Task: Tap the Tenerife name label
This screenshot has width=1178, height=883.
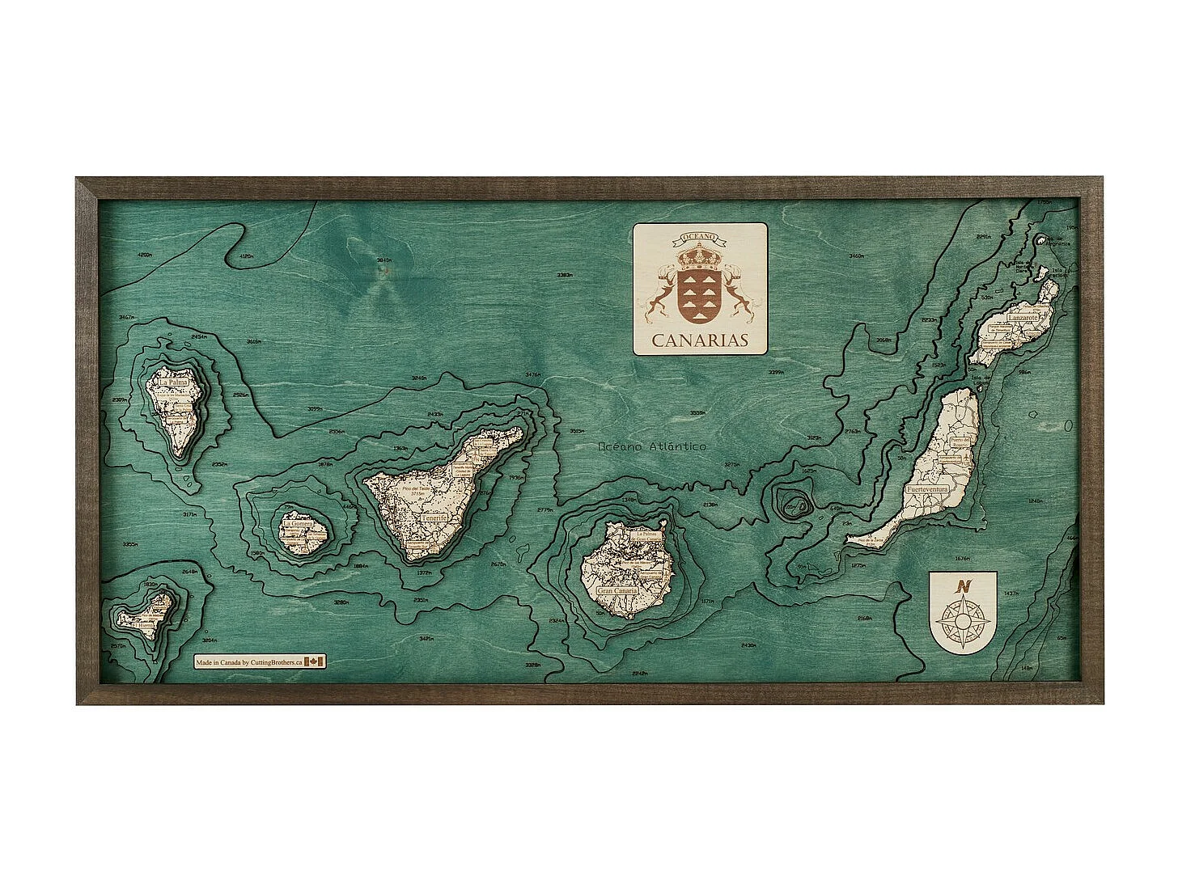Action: pyautogui.click(x=434, y=518)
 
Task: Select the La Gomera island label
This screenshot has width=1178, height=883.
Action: pyautogui.click(x=298, y=524)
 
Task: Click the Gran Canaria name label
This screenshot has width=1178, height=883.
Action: pyautogui.click(x=617, y=591)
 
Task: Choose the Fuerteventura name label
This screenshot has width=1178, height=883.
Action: pyautogui.click(x=926, y=490)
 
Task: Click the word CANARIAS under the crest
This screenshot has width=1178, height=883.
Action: pyautogui.click(x=700, y=340)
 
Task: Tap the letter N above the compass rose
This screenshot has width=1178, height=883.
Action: pyautogui.click(x=962, y=587)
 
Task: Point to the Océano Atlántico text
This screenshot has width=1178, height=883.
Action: pyautogui.click(x=651, y=446)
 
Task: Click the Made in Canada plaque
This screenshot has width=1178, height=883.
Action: pyautogui.click(x=260, y=661)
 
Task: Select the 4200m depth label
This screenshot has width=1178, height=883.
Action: pyautogui.click(x=145, y=256)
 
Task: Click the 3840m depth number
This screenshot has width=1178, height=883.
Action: pyautogui.click(x=383, y=260)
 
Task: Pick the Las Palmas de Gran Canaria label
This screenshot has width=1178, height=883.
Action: pyautogui.click(x=648, y=537)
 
